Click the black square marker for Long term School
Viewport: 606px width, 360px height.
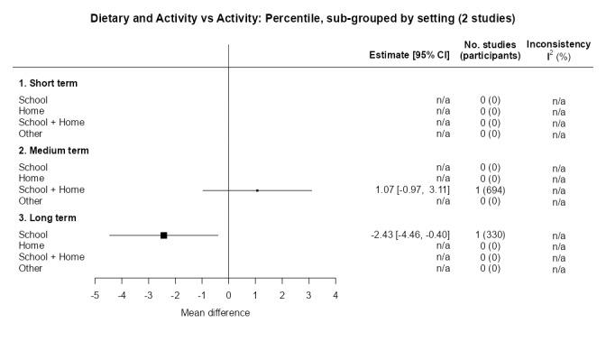(x=164, y=235)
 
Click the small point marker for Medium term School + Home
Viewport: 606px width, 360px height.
(x=257, y=190)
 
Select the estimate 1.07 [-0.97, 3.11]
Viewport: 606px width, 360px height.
(x=412, y=190)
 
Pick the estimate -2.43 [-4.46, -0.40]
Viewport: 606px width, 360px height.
(x=410, y=235)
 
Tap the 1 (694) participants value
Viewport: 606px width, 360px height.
(x=490, y=190)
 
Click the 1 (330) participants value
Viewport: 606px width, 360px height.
(x=490, y=235)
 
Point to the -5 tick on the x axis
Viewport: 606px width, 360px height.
(x=96, y=295)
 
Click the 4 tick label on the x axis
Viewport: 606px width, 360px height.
(x=335, y=295)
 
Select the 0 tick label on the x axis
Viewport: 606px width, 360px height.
(x=229, y=295)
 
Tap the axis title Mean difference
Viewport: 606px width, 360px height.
(x=216, y=313)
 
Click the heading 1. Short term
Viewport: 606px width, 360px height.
(x=48, y=83)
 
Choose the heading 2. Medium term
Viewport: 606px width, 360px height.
(x=53, y=151)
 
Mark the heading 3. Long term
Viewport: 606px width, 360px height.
(x=47, y=217)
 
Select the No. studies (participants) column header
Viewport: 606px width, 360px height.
(x=490, y=50)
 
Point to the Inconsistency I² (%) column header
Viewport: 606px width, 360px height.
(x=559, y=50)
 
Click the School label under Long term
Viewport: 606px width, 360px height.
(x=33, y=235)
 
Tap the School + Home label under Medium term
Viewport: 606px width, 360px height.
(x=51, y=190)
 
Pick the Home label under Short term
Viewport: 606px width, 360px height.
(x=32, y=111)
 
